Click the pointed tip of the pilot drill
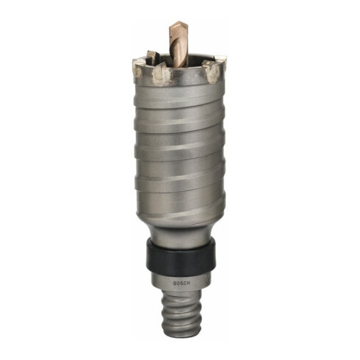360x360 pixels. [181, 22]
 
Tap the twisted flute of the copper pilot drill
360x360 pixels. [179, 46]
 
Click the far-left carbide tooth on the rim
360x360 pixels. [137, 70]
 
